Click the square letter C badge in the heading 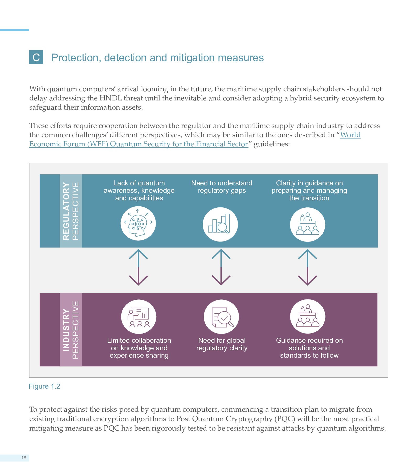[x=36, y=57]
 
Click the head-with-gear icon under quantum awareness [x=138, y=223]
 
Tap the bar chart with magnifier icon [x=220, y=224]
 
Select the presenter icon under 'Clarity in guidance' [x=307, y=224]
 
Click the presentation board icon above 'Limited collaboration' [x=139, y=317]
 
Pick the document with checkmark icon [x=222, y=317]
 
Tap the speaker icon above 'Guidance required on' [x=308, y=317]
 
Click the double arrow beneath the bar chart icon [x=221, y=267]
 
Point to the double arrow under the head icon [x=138, y=267]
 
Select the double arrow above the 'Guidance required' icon [x=307, y=267]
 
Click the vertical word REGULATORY [x=66, y=211]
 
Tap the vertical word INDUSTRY [x=66, y=330]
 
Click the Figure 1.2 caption [x=45, y=386]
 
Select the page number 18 [x=24, y=458]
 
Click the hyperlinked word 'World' [x=350, y=135]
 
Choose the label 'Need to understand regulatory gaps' [x=222, y=187]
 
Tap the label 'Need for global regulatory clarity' [x=222, y=344]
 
